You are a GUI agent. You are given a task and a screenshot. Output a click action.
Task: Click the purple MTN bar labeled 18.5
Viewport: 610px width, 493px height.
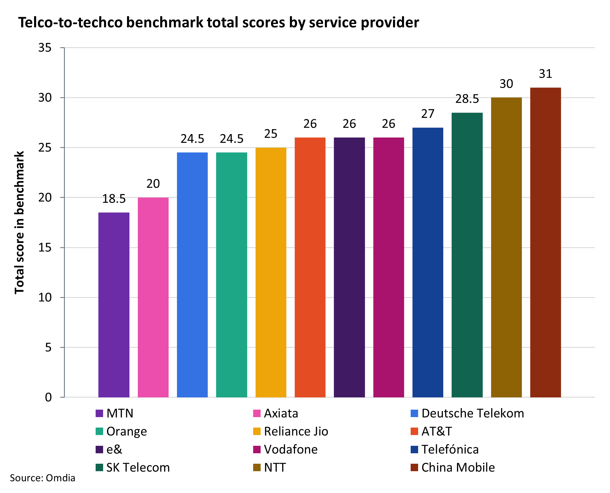tap(114, 305)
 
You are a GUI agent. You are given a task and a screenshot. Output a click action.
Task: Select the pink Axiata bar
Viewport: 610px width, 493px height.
tap(153, 297)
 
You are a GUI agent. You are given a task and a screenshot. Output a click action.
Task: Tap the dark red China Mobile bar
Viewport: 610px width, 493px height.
tap(545, 242)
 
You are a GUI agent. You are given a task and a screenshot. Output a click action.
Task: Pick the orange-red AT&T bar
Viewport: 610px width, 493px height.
tap(310, 267)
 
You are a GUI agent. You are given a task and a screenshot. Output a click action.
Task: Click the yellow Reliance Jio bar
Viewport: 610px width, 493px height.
tap(271, 272)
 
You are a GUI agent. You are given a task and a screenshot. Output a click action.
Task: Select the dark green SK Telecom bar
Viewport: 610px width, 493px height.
tap(467, 255)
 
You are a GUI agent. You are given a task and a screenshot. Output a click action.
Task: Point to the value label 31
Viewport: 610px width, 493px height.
tap(545, 74)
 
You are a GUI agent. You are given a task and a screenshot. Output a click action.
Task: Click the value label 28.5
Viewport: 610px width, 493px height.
tap(467, 99)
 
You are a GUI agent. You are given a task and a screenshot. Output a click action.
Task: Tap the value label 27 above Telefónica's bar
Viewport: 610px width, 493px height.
tap(428, 114)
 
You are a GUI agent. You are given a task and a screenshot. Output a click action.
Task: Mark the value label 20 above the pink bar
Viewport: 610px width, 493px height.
tap(153, 184)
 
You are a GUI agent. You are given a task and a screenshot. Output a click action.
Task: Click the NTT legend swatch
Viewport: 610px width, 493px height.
tap(257, 468)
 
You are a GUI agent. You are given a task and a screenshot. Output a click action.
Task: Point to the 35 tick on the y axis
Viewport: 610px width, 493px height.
tap(45, 48)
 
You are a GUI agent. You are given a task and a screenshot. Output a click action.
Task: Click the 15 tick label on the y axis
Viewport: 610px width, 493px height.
tap(45, 248)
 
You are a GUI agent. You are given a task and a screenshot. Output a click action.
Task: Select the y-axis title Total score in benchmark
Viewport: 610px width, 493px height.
tap(19, 223)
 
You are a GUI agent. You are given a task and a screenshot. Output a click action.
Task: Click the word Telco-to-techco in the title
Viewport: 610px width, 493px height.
tap(71, 23)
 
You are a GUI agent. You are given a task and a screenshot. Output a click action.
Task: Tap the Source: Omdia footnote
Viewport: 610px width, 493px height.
tap(42, 478)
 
